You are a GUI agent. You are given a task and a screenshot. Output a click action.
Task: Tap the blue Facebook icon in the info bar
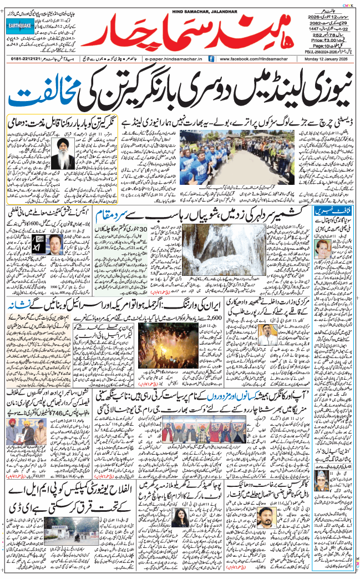[211, 58]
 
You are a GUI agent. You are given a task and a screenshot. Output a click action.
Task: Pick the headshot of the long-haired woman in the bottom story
[182, 520]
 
